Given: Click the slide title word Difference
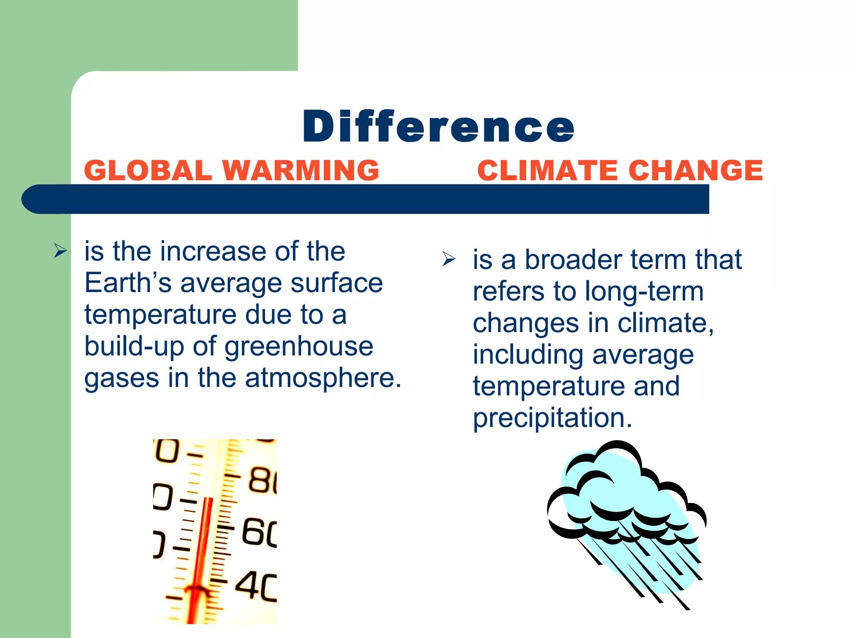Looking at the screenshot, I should [438, 126].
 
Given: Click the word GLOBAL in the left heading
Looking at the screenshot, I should [148, 171].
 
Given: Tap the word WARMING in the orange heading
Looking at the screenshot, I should [301, 171].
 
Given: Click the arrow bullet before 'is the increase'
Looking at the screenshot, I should [60, 251].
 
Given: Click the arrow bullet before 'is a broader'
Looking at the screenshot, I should [449, 259].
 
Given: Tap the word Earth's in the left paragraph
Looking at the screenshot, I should [128, 283].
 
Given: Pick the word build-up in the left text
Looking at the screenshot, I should [134, 347].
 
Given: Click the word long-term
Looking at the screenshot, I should [644, 292].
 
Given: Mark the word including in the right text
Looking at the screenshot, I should [528, 355].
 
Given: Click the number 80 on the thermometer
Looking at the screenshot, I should [262, 481].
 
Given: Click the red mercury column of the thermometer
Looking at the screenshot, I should [203, 548].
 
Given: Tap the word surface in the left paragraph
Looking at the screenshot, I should [337, 283].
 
